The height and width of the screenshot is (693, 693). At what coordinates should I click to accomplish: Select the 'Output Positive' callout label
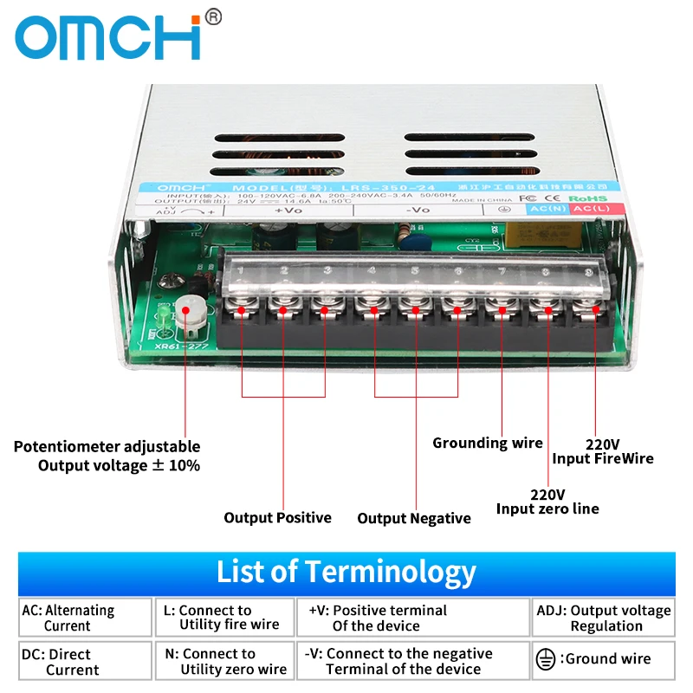277,517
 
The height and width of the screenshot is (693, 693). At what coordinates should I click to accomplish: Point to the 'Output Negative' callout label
414,518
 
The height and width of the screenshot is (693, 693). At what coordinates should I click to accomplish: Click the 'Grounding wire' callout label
487,443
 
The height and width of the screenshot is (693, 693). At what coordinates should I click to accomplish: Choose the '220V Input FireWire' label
602,450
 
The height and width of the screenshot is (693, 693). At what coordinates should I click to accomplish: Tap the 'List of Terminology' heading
346,572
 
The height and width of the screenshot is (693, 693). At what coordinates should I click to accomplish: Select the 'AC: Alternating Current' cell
85,618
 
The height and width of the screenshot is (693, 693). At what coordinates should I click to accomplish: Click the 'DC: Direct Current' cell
85,662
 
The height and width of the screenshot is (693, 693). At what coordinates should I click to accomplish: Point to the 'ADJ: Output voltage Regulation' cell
603,618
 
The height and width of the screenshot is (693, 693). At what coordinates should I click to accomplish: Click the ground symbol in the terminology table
545,660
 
